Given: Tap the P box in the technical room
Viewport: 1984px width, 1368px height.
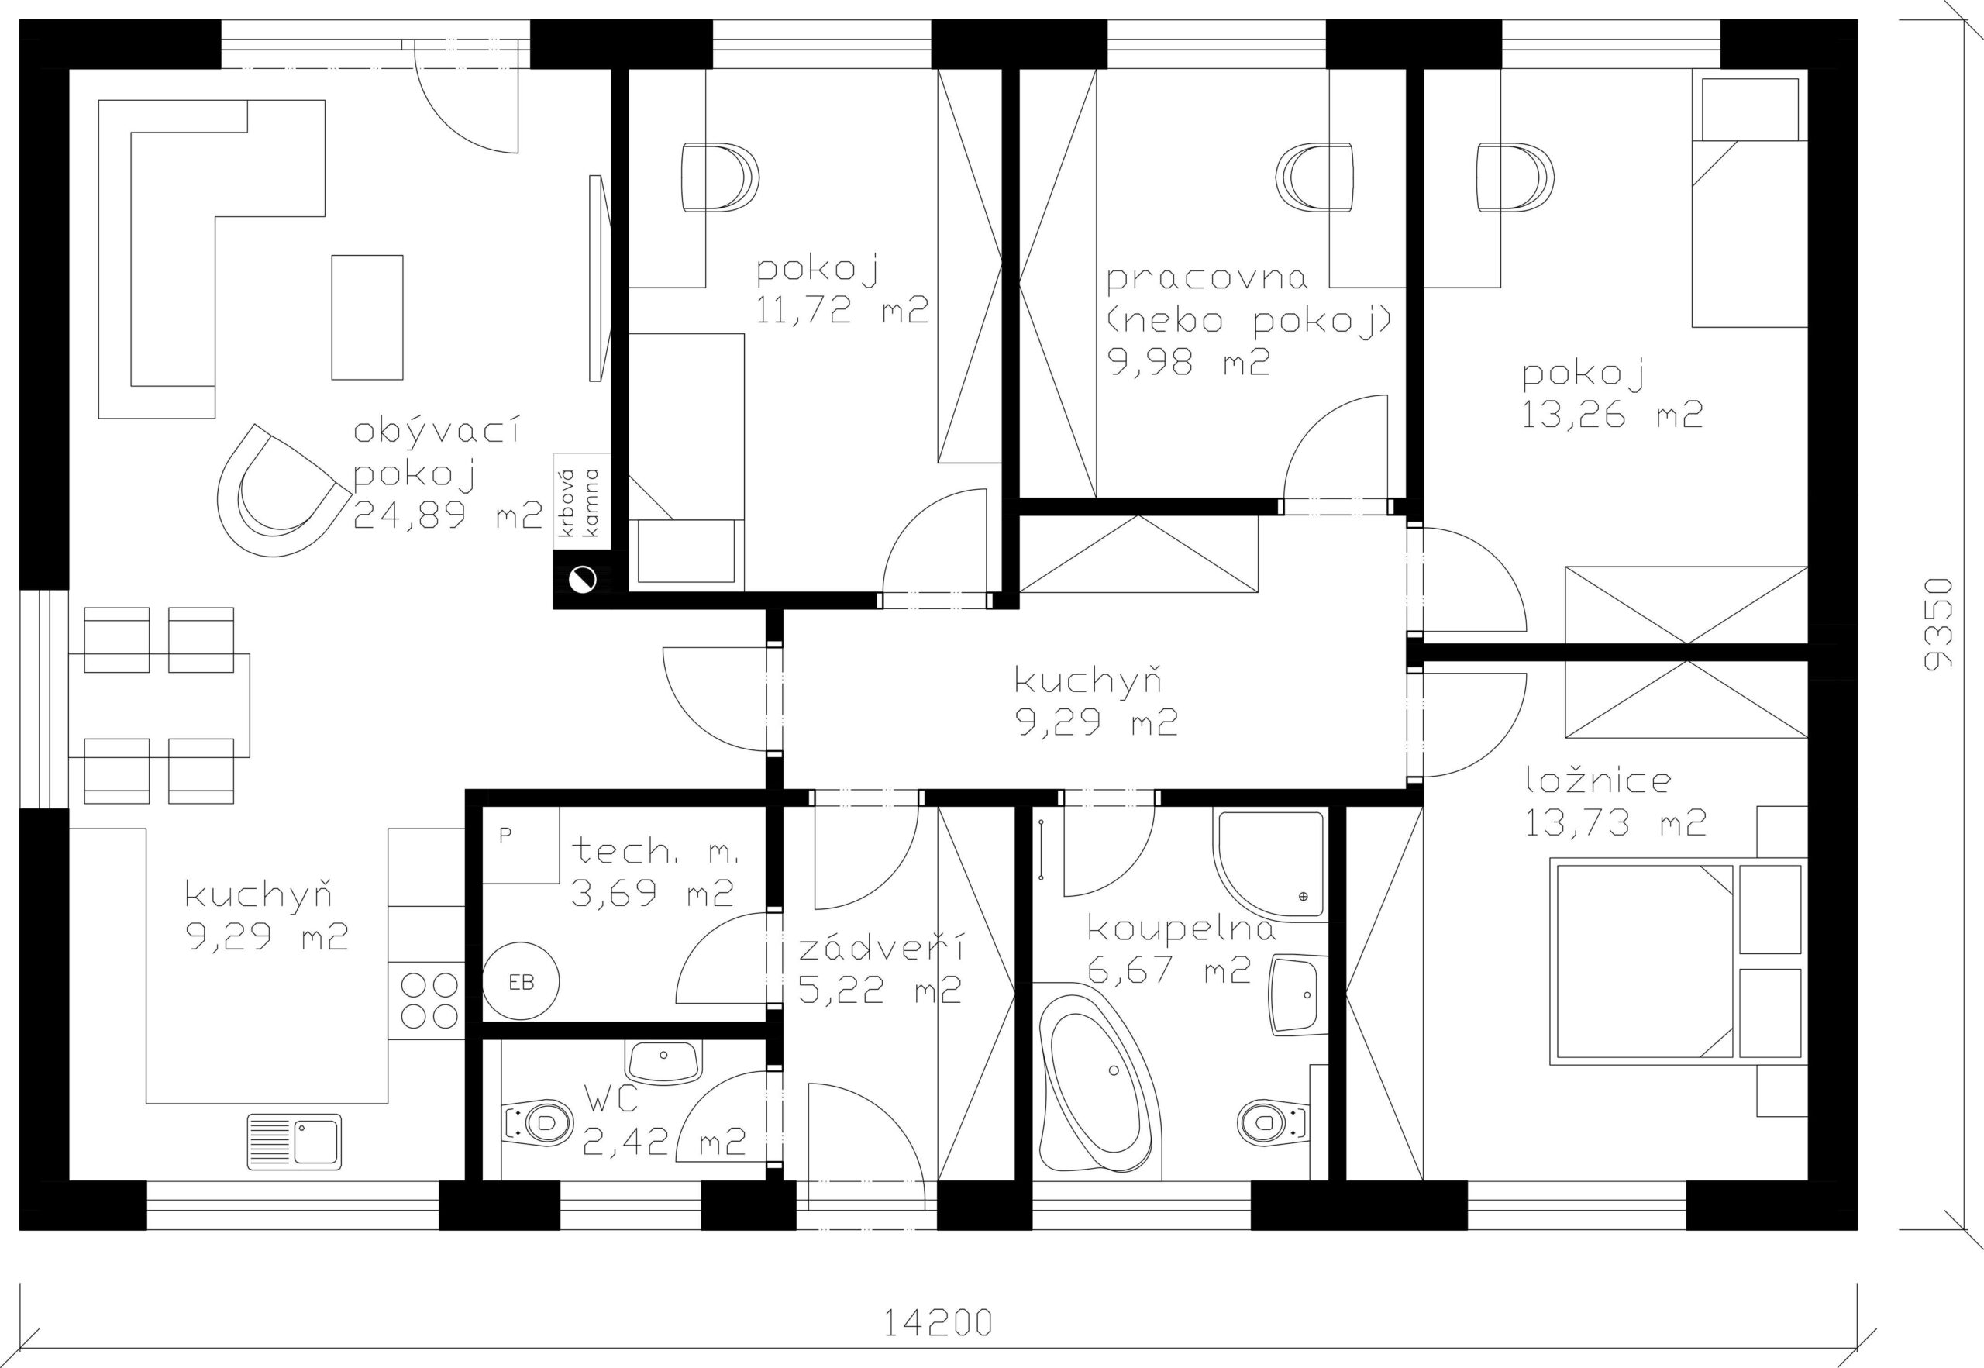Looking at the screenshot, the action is click(520, 844).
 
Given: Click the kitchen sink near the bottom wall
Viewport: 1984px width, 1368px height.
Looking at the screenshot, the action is click(294, 1142).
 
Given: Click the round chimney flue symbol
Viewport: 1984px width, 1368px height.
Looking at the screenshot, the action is click(583, 580).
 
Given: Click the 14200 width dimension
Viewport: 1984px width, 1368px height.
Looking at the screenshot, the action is click(938, 1322).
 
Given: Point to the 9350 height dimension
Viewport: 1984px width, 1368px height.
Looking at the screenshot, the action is click(1937, 624).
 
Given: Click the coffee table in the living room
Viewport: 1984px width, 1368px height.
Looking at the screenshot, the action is click(367, 317).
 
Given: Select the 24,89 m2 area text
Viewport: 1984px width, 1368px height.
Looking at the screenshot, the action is click(447, 515).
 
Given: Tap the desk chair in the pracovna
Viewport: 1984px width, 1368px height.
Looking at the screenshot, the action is click(1314, 177).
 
